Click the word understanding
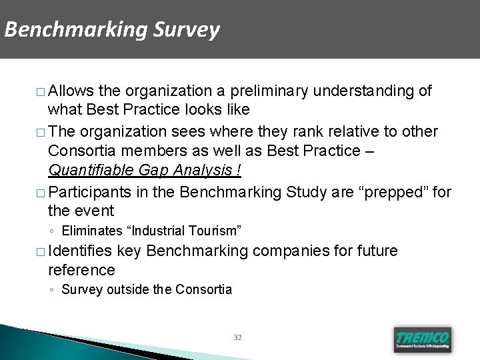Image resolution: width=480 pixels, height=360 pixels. click(x=373, y=90)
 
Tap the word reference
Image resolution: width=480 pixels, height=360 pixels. click(x=81, y=270)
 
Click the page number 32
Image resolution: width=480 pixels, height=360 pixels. click(x=238, y=338)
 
